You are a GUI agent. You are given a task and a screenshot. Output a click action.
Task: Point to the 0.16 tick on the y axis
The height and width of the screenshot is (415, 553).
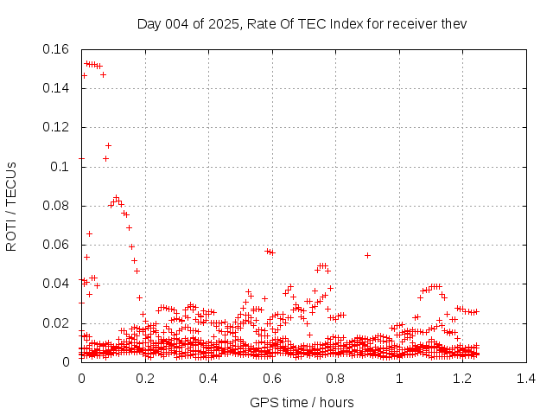coord(59,49)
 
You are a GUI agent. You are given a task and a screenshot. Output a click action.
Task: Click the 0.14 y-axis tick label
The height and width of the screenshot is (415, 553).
coord(59,88)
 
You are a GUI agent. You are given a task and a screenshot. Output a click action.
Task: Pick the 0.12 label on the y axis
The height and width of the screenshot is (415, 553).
coord(59,127)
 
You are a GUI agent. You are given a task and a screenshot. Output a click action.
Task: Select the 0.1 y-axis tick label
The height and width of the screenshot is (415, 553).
coord(63,166)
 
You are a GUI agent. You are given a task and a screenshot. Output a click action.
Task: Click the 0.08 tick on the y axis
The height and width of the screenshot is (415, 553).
coord(59,206)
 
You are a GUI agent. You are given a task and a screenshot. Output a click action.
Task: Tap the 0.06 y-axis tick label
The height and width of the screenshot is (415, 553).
coord(59,245)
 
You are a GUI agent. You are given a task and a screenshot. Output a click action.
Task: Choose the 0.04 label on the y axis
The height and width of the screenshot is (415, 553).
coord(59,284)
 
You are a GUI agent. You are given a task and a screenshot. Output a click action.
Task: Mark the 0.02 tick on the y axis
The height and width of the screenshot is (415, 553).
coord(59,323)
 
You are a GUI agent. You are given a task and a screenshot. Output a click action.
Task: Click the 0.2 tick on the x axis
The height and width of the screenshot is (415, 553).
coord(145,379)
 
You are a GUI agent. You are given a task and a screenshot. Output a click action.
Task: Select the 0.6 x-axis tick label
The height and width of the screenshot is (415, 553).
coord(272,379)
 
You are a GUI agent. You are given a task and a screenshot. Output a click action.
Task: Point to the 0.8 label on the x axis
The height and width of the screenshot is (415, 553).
coord(336,379)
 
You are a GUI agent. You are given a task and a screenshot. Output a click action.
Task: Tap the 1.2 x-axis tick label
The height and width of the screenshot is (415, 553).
coord(463,379)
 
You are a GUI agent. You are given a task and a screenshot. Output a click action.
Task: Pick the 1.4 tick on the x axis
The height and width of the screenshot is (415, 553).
coord(526,379)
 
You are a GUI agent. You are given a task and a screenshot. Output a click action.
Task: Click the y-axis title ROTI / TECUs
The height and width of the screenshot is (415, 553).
coord(12,206)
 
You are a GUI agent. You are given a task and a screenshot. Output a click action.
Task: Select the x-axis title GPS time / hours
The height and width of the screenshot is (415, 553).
coord(302,402)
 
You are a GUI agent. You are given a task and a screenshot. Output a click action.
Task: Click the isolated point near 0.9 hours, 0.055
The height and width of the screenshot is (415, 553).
coord(367,255)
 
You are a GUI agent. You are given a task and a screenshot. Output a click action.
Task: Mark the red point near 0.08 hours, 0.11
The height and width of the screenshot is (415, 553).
coord(108,145)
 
